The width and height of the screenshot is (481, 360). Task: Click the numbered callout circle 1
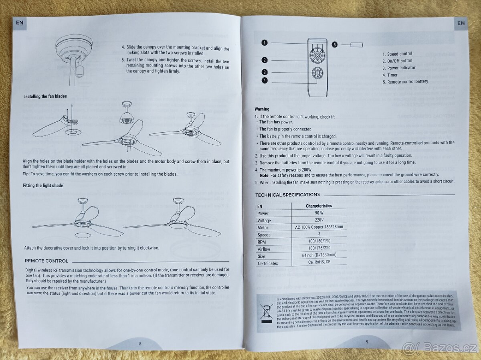[264, 42]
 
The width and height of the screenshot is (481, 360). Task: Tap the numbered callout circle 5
[335, 45]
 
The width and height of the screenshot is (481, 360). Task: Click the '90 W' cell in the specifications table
[319, 213]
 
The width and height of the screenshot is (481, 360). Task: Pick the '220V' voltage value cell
[319, 220]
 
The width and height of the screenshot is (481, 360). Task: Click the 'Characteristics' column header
[319, 206]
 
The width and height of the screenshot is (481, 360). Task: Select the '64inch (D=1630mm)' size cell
[319, 255]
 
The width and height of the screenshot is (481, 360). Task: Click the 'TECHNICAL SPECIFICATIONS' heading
[287, 195]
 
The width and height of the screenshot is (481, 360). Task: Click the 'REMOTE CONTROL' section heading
[46, 261]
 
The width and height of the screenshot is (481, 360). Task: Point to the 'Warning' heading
[262, 109]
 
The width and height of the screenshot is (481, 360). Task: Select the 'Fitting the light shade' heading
[43, 186]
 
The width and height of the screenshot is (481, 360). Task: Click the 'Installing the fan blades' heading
[45, 97]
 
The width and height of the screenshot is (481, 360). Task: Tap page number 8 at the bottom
[140, 344]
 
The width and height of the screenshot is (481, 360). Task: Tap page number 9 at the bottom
[367, 342]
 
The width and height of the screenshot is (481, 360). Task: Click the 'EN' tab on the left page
[20, 23]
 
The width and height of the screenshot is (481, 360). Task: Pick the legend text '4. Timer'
[390, 75]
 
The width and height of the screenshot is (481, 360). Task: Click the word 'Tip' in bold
[26, 174]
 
